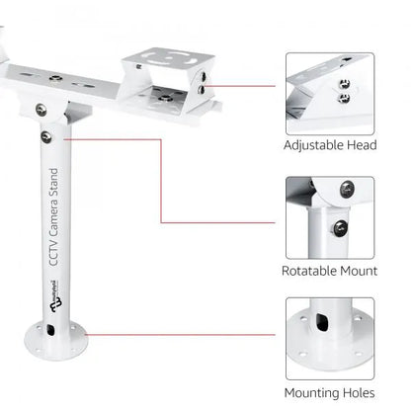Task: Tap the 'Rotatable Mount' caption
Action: [329, 269]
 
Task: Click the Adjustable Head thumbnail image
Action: [329, 94]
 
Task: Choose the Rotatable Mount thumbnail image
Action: [329, 216]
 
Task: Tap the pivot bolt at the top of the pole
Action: [41, 110]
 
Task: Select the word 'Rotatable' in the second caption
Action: [309, 269]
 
